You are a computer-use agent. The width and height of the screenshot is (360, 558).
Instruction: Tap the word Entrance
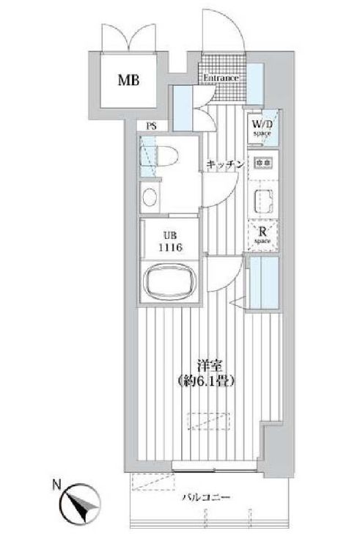coord(220,78)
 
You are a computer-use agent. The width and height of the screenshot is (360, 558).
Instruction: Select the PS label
coord(151,126)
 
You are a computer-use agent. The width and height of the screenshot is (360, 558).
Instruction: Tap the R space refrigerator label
coord(262,234)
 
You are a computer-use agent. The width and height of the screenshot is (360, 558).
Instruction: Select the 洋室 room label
coord(204,365)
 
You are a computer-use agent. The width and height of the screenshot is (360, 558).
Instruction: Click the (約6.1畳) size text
coord(205,381)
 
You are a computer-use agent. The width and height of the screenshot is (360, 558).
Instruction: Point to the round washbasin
coord(150,198)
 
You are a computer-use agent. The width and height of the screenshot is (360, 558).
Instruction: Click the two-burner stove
coord(262,161)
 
